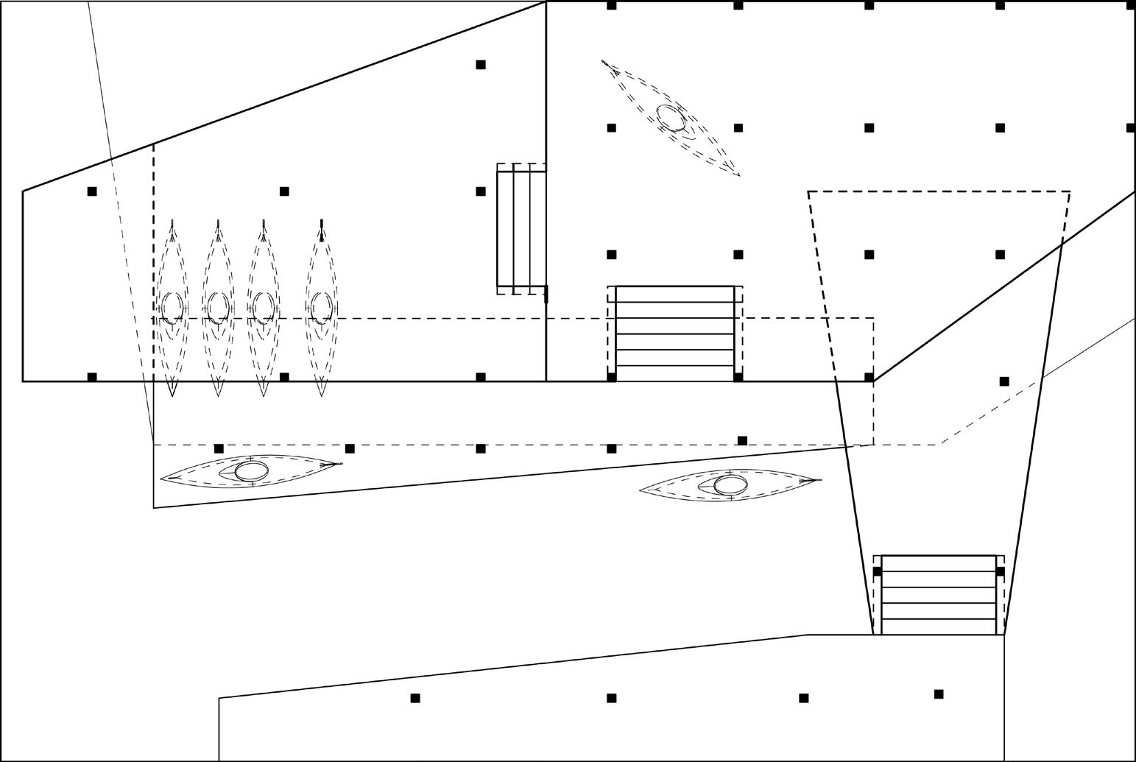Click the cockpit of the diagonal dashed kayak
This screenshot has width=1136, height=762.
point(670,117)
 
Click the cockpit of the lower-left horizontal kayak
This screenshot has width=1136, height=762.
point(251,471)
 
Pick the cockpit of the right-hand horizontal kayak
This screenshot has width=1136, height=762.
point(730,484)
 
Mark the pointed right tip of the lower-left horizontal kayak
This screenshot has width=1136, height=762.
point(342,464)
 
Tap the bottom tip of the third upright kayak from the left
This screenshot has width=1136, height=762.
point(264,395)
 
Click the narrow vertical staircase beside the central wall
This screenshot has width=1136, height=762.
point(521,228)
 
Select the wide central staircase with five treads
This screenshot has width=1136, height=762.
point(675,334)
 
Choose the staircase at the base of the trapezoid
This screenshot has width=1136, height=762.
point(939,595)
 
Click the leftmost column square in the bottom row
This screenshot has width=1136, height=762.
point(415,698)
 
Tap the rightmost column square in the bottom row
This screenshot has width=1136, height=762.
point(939,694)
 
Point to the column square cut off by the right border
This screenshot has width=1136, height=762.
point(1131,128)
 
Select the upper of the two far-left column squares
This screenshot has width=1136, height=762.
point(92,191)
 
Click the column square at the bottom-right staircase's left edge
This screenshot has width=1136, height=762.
point(877,571)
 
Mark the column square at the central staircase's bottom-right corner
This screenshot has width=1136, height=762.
point(738,377)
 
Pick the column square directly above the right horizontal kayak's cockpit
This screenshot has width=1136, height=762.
point(742,440)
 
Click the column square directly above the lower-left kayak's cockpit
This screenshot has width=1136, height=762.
point(219,448)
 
